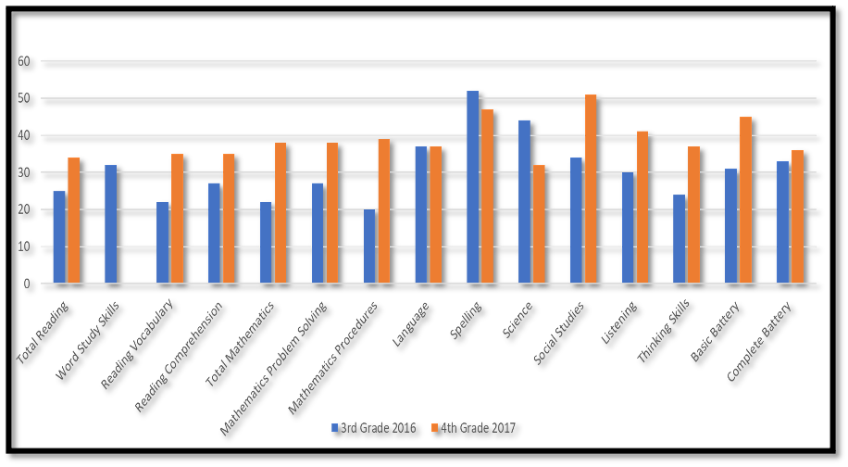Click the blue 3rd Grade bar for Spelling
pyautogui.click(x=473, y=187)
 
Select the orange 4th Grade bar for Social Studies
pyautogui.click(x=591, y=189)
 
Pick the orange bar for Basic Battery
pyautogui.click(x=746, y=200)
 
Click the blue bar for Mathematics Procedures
pyautogui.click(x=369, y=246)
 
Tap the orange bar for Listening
pyautogui.click(x=642, y=208)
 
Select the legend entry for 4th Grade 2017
pyautogui.click(x=478, y=427)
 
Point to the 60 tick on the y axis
pyautogui.click(x=25, y=61)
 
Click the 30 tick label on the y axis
pyautogui.click(x=25, y=172)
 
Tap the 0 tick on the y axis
pyautogui.click(x=28, y=284)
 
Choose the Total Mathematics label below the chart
pyautogui.click(x=242, y=336)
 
